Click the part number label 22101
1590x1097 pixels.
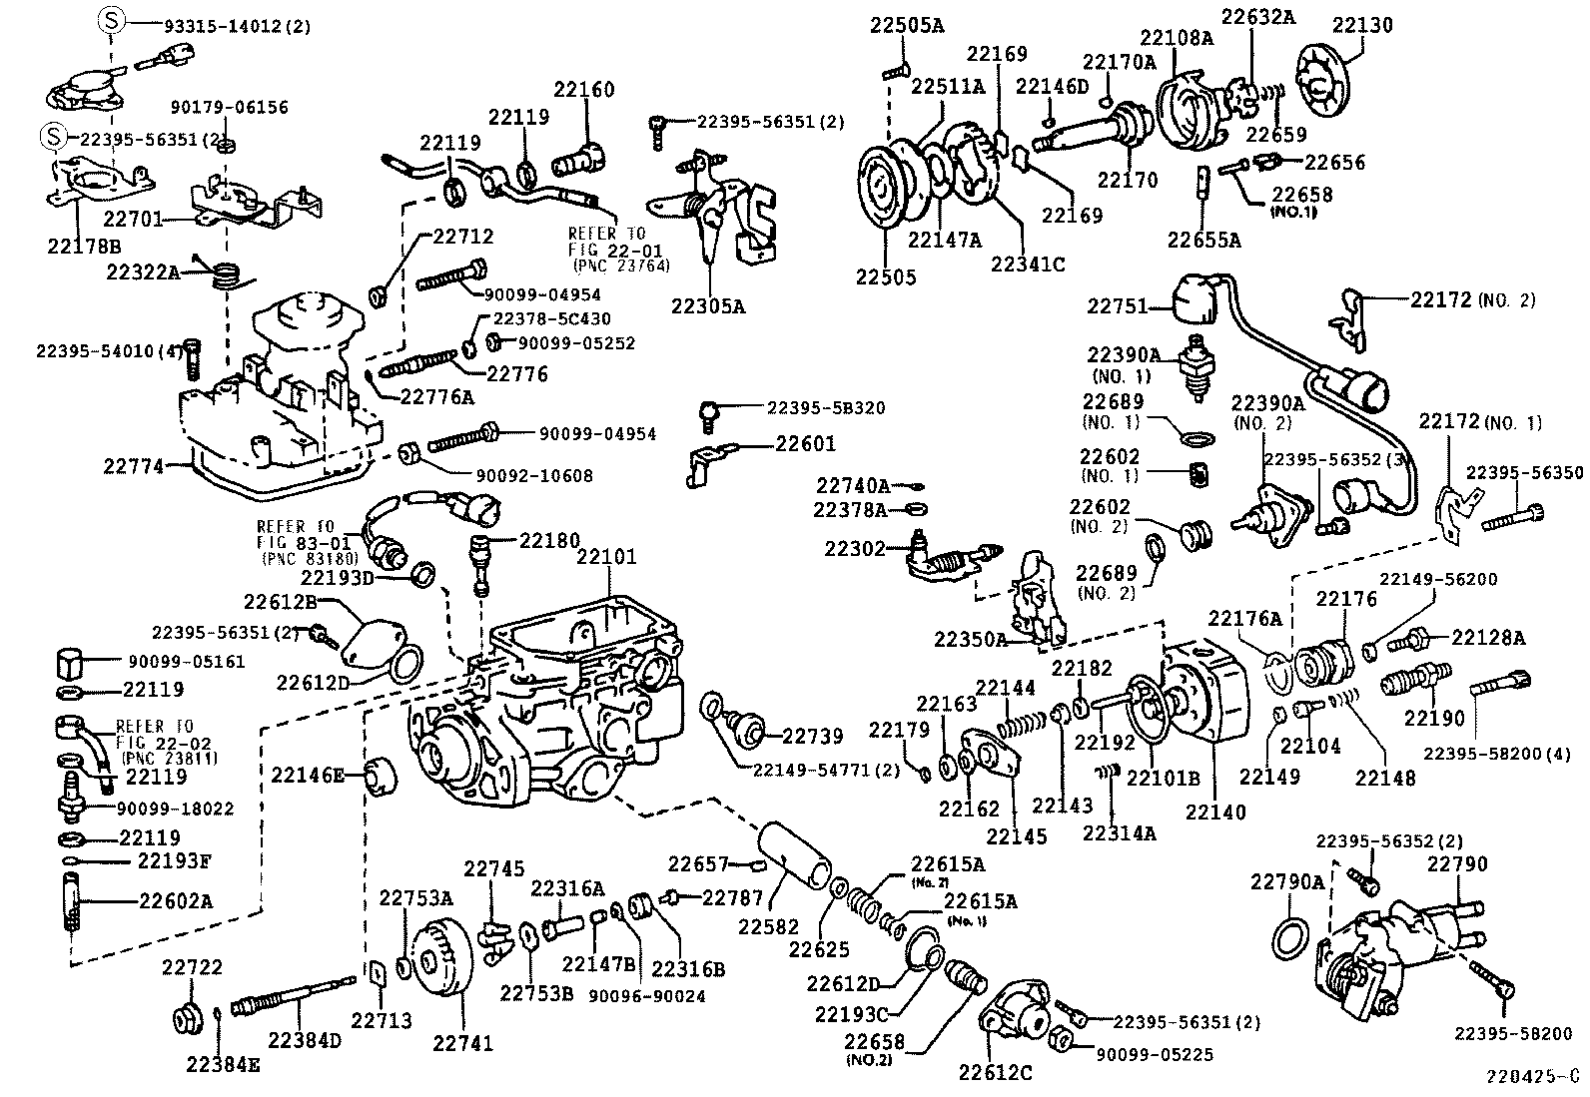[606, 557]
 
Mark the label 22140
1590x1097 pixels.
[1215, 812]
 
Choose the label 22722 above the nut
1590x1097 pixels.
[192, 966]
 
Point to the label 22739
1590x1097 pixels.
[813, 736]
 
